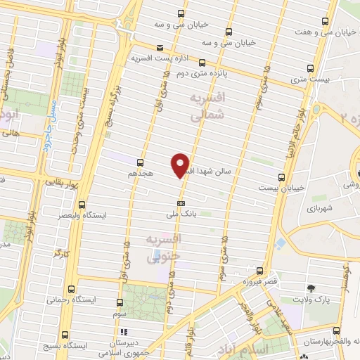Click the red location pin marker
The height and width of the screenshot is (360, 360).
(x=181, y=165)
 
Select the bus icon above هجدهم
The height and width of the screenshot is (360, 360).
(x=141, y=162)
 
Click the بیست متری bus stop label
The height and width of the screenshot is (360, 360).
(x=311, y=81)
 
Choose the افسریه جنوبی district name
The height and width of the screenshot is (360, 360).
(x=163, y=248)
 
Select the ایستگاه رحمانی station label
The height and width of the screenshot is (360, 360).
(x=70, y=300)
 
